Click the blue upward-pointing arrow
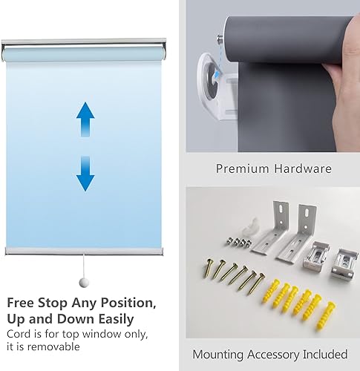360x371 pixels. point(86,118)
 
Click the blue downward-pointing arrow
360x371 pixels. point(86,172)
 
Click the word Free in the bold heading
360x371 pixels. point(22,303)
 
